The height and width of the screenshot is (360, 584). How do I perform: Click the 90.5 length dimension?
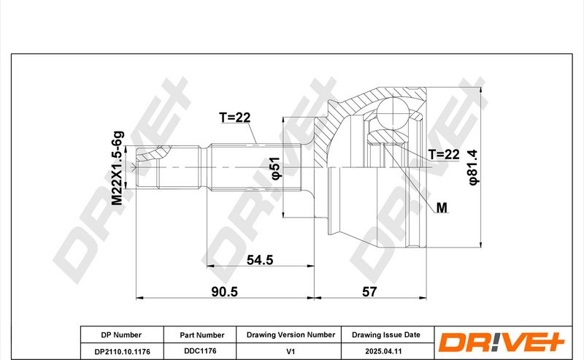pyautogui.click(x=224, y=291)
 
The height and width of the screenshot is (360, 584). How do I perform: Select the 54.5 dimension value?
pyautogui.click(x=260, y=260)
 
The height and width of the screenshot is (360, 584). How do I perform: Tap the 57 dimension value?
pyautogui.click(x=369, y=291)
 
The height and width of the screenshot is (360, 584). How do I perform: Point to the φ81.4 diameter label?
pyautogui.click(x=473, y=167)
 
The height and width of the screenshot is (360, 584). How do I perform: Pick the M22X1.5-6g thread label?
pyautogui.click(x=118, y=168)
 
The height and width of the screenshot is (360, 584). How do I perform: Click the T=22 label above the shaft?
pyautogui.click(x=234, y=118)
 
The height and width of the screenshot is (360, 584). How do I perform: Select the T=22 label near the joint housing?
pyautogui.click(x=444, y=154)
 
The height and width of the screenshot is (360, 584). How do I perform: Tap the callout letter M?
pyautogui.click(x=442, y=207)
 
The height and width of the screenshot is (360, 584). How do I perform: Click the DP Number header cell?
pyautogui.click(x=121, y=335)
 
